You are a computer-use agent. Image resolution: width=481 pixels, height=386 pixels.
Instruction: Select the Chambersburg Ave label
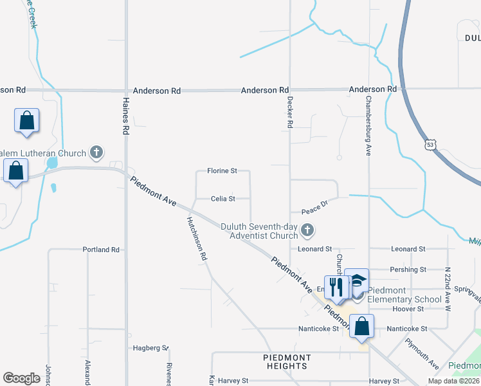tap(369, 125)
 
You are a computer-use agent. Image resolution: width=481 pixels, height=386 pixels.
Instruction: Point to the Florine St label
tap(222, 171)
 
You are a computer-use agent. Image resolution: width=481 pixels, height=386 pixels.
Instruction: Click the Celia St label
tap(222, 199)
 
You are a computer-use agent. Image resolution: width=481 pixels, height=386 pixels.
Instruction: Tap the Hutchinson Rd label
tap(197, 237)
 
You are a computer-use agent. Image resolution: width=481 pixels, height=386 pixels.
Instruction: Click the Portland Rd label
tap(101, 249)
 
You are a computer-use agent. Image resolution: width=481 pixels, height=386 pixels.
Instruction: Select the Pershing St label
tap(408, 270)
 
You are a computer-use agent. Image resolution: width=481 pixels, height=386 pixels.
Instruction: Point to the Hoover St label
tap(408, 309)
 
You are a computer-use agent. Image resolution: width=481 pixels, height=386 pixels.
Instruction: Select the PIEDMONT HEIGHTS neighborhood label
tap(287, 362)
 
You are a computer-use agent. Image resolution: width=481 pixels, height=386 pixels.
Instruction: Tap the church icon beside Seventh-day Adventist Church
tap(308, 230)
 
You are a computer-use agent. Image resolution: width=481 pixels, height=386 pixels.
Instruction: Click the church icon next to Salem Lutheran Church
tap(96, 152)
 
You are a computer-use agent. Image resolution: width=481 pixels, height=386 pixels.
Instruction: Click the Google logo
tap(21, 378)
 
